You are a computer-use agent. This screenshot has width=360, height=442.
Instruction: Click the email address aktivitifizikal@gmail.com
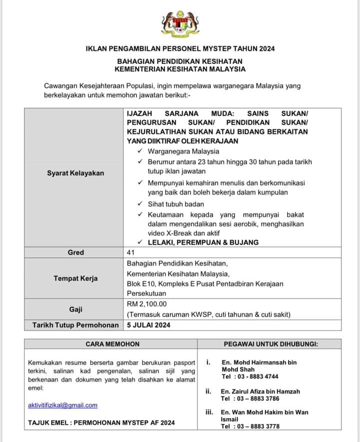point(62,405)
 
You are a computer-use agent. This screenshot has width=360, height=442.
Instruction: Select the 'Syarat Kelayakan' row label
point(75,173)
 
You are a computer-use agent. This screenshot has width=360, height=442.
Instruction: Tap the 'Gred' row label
point(75,252)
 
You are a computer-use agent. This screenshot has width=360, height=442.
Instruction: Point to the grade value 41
point(131,252)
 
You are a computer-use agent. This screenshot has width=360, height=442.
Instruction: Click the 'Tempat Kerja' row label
point(75,278)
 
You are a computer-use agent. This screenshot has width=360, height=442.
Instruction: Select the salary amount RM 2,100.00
point(147,304)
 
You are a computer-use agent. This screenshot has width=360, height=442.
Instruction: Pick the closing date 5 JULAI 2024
point(149,325)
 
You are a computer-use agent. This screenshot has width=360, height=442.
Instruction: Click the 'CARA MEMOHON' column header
point(112,344)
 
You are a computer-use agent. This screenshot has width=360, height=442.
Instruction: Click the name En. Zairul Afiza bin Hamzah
point(260,392)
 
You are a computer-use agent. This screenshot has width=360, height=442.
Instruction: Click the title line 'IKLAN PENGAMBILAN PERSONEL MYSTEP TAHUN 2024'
point(180,48)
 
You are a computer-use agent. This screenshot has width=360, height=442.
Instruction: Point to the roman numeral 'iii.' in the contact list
point(209,412)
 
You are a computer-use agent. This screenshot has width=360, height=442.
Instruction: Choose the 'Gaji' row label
point(75,309)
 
